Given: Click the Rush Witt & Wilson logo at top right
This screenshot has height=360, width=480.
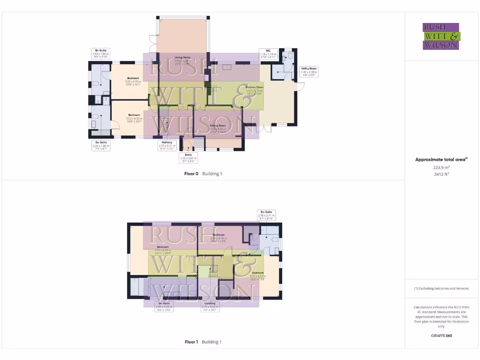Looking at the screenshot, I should coord(442,36).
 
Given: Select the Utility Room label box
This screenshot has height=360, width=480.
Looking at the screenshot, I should coord(309,72).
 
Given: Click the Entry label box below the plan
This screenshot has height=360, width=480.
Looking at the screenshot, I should coord(189,157).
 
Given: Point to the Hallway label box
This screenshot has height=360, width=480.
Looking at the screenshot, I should coord(167,144).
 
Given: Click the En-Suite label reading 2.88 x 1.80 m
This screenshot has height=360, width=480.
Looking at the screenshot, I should coord(101,52).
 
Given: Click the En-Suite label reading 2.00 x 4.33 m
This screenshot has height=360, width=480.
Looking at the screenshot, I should coord(164,307).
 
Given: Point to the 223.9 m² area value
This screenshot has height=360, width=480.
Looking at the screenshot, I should coord(441,167).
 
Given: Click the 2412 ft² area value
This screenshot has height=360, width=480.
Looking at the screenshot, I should coord(441,174).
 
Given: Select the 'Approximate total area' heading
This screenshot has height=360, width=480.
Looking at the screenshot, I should coord(441,160).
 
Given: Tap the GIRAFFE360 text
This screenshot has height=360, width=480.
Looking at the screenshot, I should coord(441,336).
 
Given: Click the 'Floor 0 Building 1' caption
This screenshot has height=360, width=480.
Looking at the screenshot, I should coord(203,173).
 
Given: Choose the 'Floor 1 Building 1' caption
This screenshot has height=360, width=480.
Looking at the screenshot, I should coord(203,342).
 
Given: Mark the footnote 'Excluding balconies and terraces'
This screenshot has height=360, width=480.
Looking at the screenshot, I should coord(441,288).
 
